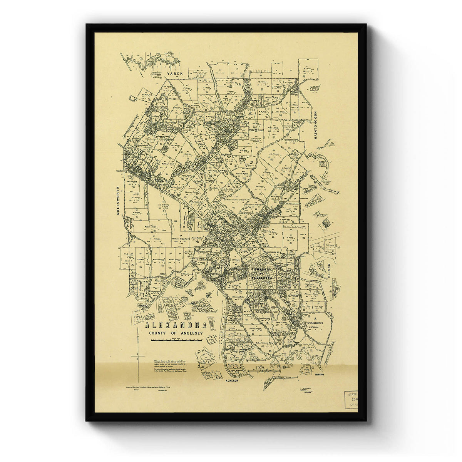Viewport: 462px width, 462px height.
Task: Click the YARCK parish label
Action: (172, 73)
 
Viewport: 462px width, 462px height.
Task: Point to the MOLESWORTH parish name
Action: (119, 201)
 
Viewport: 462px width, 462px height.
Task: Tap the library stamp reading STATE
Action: (352, 395)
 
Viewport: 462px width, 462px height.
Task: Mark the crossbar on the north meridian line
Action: (137, 357)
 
